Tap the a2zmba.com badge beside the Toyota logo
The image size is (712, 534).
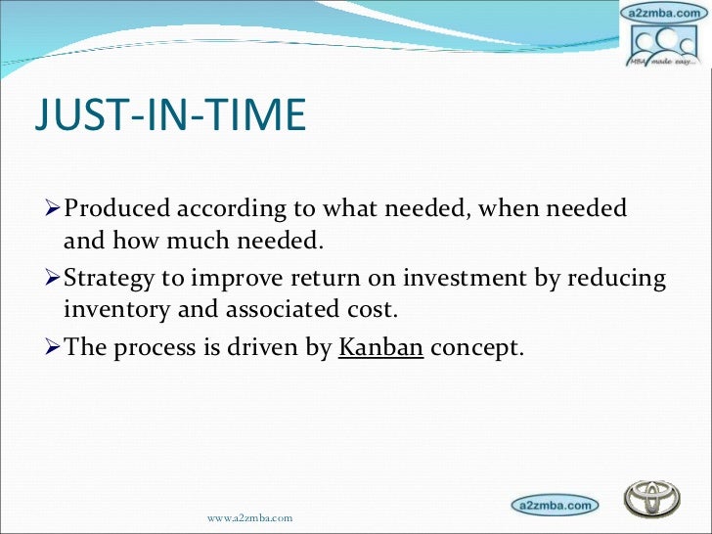coord(553,505)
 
